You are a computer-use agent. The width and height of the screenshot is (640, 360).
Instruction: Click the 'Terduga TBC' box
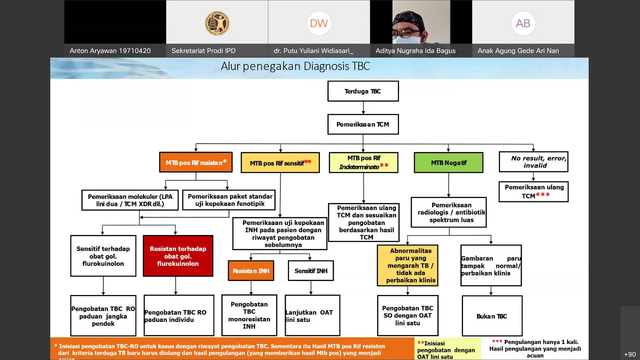click(x=363, y=91)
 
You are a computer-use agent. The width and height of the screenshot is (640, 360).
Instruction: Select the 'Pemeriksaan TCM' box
click(x=363, y=124)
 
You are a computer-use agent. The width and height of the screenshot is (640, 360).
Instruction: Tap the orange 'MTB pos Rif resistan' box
click(x=196, y=162)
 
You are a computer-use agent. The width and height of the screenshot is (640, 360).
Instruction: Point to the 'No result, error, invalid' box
click(x=533, y=162)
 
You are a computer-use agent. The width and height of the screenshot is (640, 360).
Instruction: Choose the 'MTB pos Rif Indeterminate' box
click(x=363, y=162)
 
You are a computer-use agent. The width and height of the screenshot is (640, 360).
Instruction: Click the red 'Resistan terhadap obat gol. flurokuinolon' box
click(x=178, y=256)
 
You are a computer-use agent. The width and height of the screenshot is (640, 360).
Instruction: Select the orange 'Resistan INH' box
click(x=251, y=271)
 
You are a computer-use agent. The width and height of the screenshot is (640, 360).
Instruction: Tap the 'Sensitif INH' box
click(x=311, y=271)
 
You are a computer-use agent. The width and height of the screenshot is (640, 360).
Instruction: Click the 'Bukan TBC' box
click(x=492, y=316)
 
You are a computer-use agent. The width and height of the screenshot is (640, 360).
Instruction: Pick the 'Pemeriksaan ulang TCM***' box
click(x=533, y=191)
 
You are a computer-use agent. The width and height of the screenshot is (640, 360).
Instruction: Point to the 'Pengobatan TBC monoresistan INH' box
click(x=249, y=315)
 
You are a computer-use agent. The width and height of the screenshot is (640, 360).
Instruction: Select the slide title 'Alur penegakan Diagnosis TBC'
click(x=295, y=66)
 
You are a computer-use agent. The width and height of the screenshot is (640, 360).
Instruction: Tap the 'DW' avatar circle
click(x=319, y=23)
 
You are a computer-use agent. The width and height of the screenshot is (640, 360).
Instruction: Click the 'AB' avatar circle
click(x=523, y=23)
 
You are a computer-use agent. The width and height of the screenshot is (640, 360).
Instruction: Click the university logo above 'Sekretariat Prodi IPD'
click(x=217, y=23)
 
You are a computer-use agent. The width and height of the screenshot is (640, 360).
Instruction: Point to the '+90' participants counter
click(x=630, y=354)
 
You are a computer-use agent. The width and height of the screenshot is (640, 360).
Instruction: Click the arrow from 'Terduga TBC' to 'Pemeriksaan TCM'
click(x=363, y=108)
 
